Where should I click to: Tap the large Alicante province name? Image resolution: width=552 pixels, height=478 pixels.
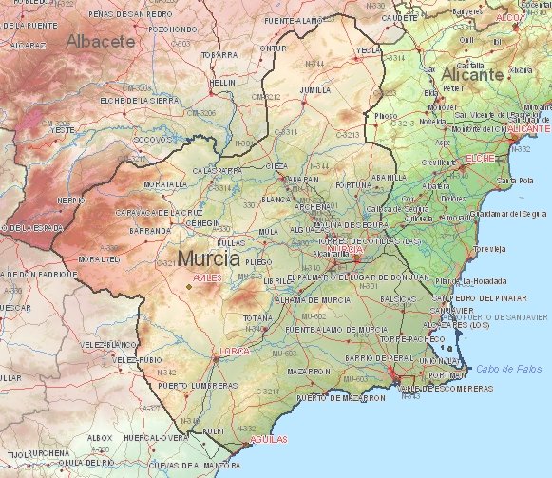[x=471, y=74]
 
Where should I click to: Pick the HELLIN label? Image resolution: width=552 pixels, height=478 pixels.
[x=222, y=83]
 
